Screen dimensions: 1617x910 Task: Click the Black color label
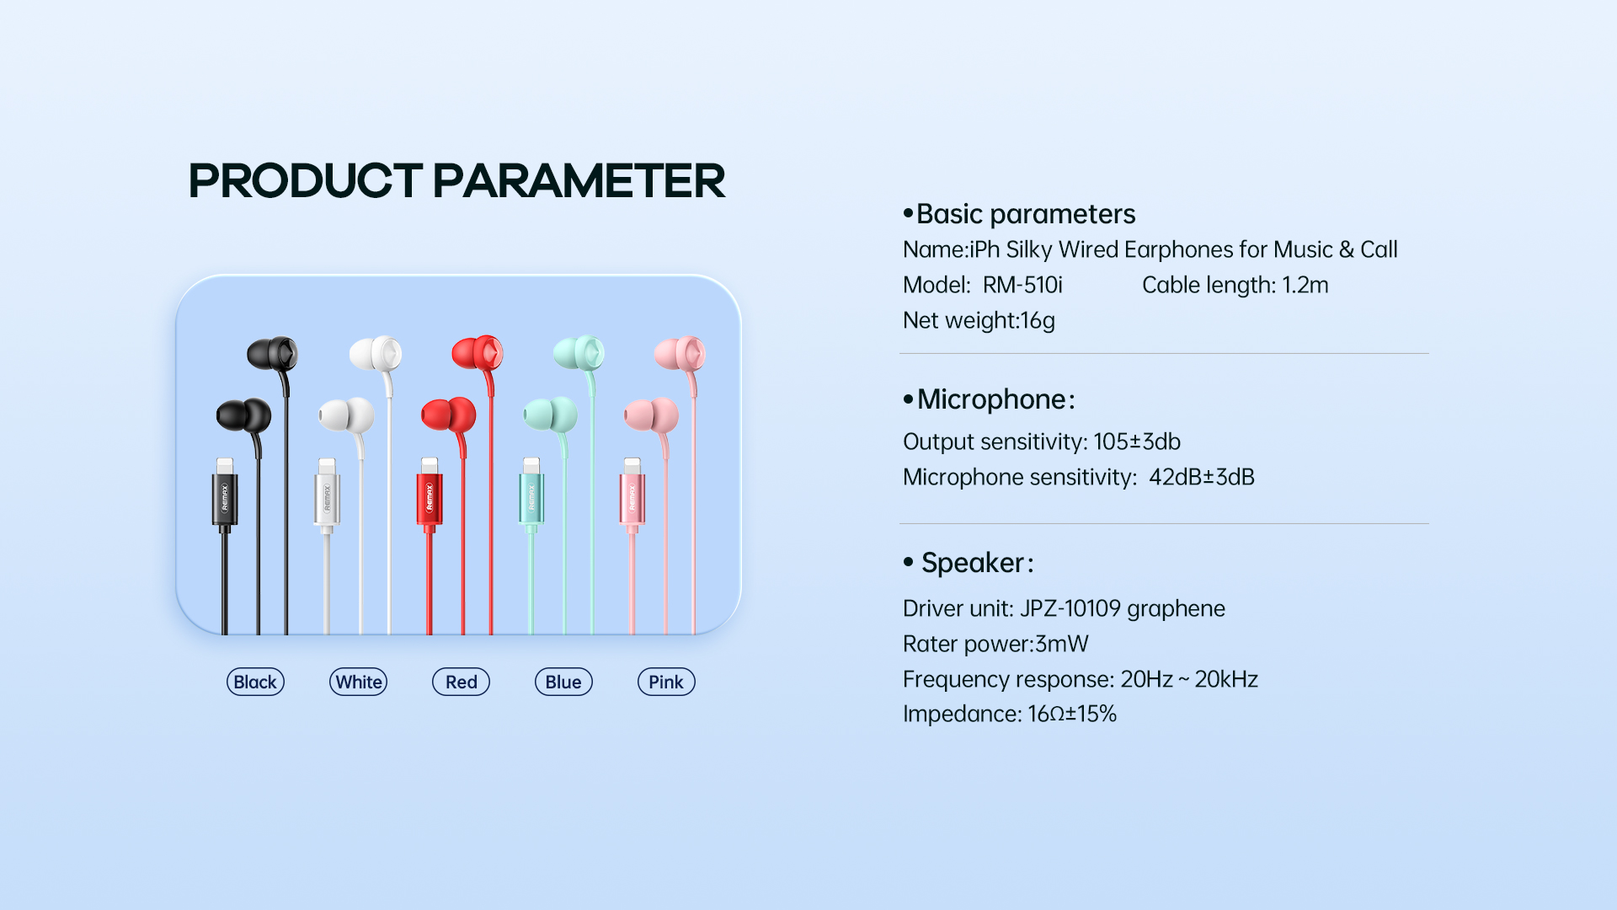255,682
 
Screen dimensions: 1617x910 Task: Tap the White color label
358,682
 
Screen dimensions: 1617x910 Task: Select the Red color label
461,682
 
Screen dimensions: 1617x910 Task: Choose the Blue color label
563,682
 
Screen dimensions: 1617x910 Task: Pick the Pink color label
666,682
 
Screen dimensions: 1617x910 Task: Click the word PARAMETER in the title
579,180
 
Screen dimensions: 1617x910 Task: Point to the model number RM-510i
1022,285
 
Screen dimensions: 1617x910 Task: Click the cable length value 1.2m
1305,285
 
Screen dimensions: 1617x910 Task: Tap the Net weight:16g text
979,321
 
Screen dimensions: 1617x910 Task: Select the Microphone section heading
995,399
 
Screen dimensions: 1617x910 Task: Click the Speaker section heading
977,563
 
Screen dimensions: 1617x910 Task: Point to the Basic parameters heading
1026,214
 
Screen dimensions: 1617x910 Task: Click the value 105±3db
1137,442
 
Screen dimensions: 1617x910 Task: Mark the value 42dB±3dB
1202,477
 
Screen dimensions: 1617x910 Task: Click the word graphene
1176,609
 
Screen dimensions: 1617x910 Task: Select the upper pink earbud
680,354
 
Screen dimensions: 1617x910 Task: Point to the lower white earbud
346,415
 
